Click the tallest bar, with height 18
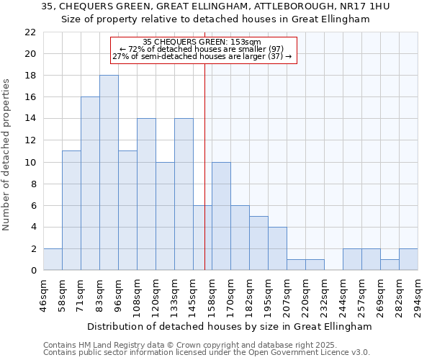pos(109,173)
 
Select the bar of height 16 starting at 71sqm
pos(90,184)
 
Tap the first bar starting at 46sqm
pos(53,259)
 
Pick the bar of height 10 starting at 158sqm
pos(221,216)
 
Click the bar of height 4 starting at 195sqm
pos(277,248)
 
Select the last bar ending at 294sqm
pos(408,259)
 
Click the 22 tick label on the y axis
pos(30,32)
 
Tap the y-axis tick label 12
pos(30,140)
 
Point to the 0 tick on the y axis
pos(33,270)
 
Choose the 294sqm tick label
pos(418,296)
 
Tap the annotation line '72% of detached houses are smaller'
pos(203,49)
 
